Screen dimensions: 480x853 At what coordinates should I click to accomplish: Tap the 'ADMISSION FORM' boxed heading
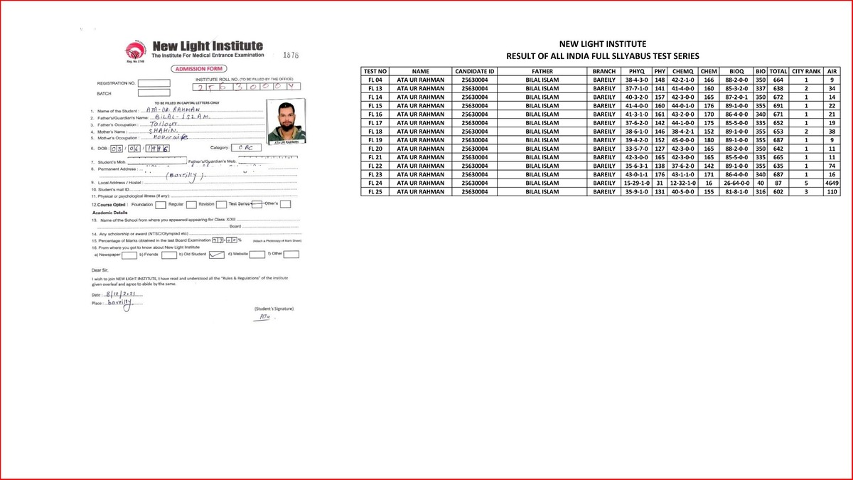195,68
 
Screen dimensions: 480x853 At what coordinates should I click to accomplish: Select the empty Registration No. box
154,83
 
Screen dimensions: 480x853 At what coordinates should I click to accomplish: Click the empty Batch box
154,93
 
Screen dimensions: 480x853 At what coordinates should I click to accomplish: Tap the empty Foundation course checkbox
161,204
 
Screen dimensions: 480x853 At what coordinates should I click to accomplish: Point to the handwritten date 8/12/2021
122,293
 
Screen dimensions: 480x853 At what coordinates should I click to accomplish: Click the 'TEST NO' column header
375,71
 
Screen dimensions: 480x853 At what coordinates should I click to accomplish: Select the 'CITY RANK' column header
806,71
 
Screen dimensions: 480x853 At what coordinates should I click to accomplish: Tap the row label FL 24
375,183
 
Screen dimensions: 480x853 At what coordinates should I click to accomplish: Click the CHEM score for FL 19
708,140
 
